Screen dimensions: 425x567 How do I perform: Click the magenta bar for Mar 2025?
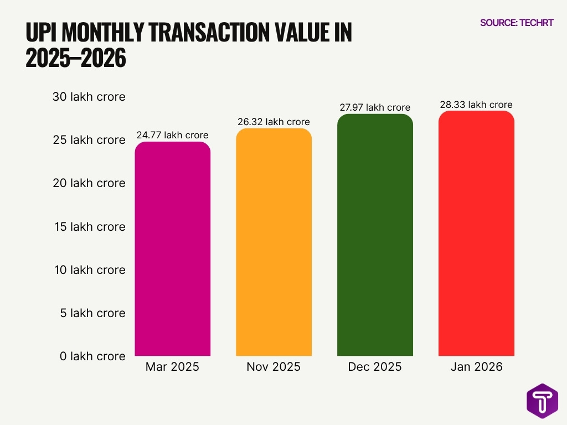coord(172,249)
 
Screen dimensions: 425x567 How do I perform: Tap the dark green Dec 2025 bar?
coord(375,235)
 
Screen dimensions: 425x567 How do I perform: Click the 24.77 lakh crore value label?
coord(172,135)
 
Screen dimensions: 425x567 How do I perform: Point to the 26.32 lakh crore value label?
coord(274,122)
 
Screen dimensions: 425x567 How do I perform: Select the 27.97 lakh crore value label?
coord(375,107)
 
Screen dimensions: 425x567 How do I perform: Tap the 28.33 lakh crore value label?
coord(476,105)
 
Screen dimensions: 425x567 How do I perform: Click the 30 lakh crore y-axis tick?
coord(89,97)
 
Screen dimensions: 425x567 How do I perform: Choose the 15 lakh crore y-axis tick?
coord(89,227)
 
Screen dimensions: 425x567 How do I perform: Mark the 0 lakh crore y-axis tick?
coord(92,356)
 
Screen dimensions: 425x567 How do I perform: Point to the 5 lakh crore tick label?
coord(92,313)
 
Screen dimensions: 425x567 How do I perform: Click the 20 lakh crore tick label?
coord(89,183)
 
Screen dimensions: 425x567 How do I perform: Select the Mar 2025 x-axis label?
coord(172,367)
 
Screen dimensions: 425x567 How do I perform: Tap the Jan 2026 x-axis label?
coord(476,367)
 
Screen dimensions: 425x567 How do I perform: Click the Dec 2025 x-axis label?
coord(375,367)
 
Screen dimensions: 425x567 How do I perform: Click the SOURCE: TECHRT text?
coord(516,23)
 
